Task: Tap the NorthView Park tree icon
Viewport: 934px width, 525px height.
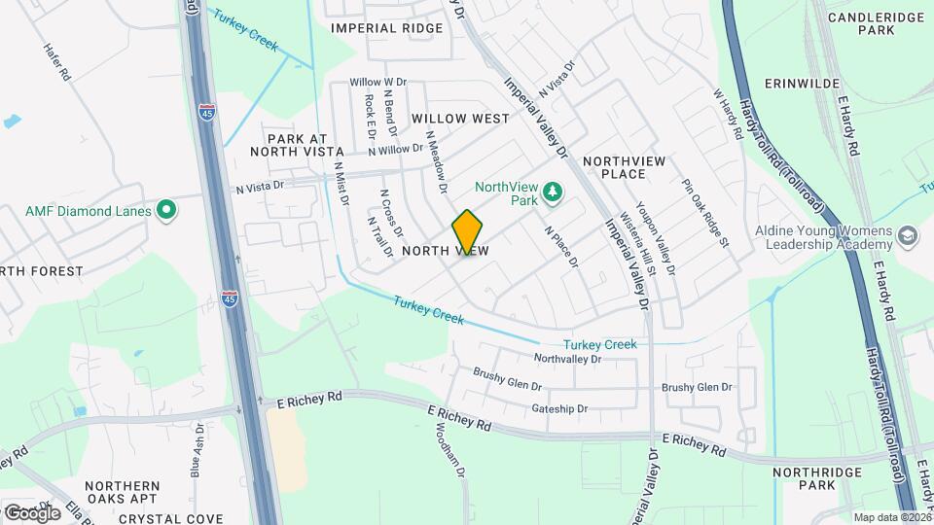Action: click(553, 191)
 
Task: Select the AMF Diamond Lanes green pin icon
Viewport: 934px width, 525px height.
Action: click(166, 210)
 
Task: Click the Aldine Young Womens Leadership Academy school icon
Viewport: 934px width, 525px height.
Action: click(907, 236)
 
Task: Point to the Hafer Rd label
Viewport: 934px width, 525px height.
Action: click(57, 61)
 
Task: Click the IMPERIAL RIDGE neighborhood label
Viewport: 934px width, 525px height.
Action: click(387, 28)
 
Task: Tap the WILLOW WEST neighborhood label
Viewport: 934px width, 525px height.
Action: click(460, 119)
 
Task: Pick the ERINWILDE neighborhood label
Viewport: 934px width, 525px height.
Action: click(802, 84)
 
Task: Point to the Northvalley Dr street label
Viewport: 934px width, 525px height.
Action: click(569, 359)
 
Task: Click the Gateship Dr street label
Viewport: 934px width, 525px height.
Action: click(561, 409)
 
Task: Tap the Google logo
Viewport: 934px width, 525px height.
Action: click(31, 512)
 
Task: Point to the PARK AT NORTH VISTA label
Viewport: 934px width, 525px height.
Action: click(297, 145)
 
